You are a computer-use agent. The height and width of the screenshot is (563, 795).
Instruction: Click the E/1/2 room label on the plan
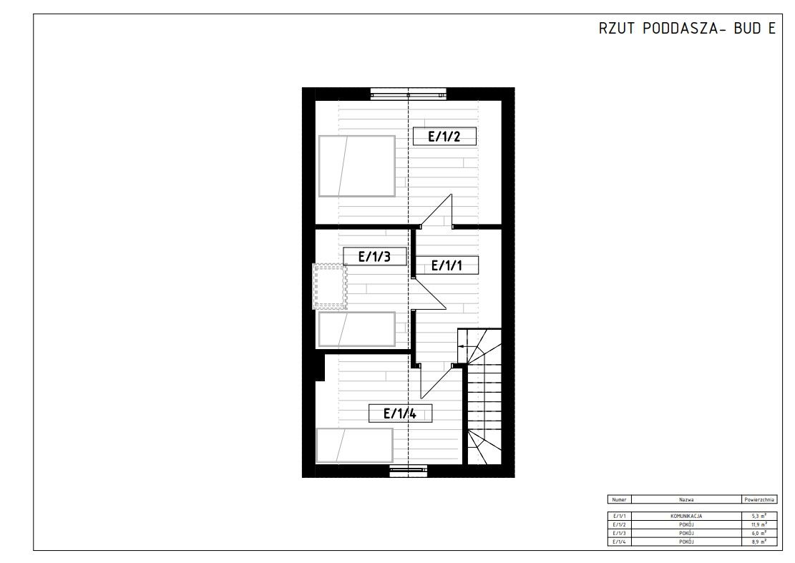pos(443,136)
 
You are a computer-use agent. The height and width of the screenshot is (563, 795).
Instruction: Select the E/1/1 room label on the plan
pos(447,265)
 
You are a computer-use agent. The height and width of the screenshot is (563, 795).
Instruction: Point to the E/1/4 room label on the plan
pos(399,413)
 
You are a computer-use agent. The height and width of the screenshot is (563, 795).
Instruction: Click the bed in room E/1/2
pos(356,166)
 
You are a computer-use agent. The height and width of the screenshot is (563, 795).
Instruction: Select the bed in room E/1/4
pos(355,445)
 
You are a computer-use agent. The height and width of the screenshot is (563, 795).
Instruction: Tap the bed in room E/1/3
pos(356,329)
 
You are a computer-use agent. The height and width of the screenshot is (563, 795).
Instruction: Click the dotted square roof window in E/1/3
pos(329,286)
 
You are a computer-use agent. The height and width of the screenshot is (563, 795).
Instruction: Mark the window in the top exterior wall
pos(408,92)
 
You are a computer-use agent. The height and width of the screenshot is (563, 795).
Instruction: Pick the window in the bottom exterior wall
pos(409,470)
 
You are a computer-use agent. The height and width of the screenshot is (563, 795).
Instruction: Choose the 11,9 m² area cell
pos(759,524)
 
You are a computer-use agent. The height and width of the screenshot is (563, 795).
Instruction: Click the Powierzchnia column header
pos(759,500)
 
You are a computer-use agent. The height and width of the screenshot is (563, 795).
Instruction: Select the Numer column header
pos(620,500)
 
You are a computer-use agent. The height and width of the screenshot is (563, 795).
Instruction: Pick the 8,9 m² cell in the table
pos(759,542)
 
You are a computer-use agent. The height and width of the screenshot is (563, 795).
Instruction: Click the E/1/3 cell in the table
pos(620,533)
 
